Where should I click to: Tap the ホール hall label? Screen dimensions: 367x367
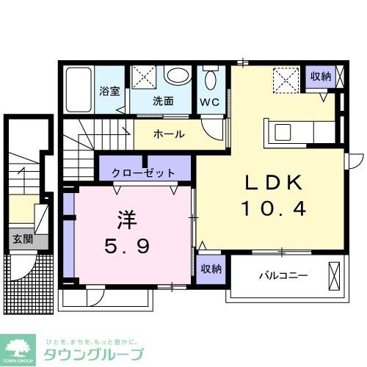(169, 134)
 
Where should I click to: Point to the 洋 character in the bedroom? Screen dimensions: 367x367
(125, 219)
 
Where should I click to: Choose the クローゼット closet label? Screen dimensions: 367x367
(143, 173)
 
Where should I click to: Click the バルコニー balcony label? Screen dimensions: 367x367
(283, 276)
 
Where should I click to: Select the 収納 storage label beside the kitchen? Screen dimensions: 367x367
(320, 76)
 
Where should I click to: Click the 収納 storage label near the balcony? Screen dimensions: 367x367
(211, 269)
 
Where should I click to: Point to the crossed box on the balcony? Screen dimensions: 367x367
(335, 277)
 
